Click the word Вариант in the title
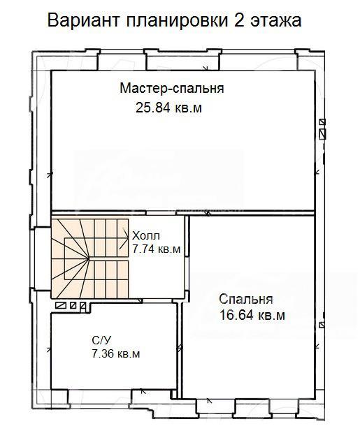(84, 20)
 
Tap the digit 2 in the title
(238, 20)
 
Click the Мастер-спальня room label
(172, 89)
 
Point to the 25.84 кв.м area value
(168, 108)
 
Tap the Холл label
(146, 236)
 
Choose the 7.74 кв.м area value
(156, 249)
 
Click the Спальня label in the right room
(246, 300)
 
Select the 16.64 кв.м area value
(252, 315)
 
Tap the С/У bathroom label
(101, 340)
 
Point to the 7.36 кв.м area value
(116, 354)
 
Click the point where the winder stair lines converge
(89, 258)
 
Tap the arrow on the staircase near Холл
(123, 238)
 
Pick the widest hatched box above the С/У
(62, 305)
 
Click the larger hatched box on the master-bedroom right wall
(323, 133)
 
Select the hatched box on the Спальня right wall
(322, 325)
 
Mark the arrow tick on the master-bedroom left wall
(50, 175)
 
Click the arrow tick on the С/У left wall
(49, 349)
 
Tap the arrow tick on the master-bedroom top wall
(206, 68)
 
